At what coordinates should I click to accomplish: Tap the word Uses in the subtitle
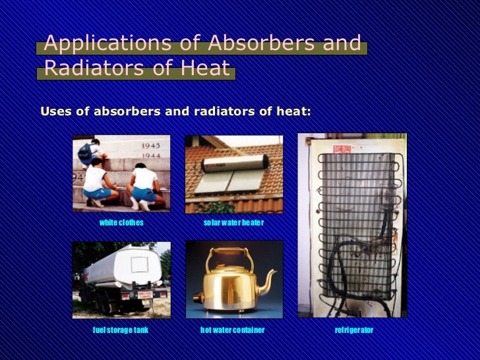pos(56,111)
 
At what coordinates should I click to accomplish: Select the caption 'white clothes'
pos(121,223)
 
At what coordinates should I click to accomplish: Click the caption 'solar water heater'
pos(233,223)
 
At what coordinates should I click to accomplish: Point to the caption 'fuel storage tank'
pos(121,330)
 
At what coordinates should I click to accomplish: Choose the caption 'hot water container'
pos(232,330)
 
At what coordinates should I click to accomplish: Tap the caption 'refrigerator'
pos(354,330)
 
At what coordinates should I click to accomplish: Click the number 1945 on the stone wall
pos(152,144)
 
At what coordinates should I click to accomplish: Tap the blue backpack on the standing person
pos(86,153)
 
